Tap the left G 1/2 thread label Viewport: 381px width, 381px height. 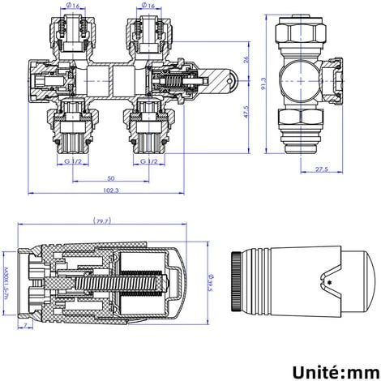point(72,161)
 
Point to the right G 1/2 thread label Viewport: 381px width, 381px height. point(147,161)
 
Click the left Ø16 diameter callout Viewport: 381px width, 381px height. point(74,6)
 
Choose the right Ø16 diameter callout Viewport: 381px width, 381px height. point(146,6)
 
